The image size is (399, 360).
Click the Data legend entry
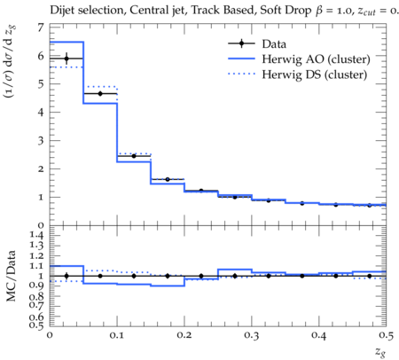pyautogui.click(x=257, y=43)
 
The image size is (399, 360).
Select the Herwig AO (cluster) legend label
pyautogui.click(x=316, y=59)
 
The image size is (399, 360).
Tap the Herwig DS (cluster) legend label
pyautogui.click(x=315, y=74)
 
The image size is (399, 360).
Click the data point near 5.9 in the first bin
pyautogui.click(x=66, y=59)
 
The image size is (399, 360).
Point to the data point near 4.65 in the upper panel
pyautogui.click(x=100, y=94)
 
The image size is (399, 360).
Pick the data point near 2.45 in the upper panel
pyautogui.click(x=134, y=156)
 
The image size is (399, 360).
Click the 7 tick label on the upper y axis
pyautogui.click(x=41, y=27)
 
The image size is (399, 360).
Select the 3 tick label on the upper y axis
pyautogui.click(x=41, y=140)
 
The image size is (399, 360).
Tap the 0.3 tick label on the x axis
pyautogui.click(x=252, y=335)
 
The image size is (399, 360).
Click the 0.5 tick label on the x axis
pyautogui.click(x=386, y=335)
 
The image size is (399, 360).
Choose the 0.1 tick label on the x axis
pyautogui.click(x=117, y=335)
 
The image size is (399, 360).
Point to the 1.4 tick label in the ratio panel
pyautogui.click(x=36, y=236)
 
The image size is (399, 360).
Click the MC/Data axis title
pyautogui.click(x=11, y=276)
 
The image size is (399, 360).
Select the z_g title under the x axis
pyautogui.click(x=380, y=352)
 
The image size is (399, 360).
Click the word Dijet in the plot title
pyautogui.click(x=62, y=10)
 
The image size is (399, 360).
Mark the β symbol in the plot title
pyautogui.click(x=319, y=11)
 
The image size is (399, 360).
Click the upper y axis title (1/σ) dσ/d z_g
pyautogui.click(x=10, y=62)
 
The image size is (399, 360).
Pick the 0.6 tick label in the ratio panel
pyautogui.click(x=36, y=317)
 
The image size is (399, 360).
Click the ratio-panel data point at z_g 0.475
pyautogui.click(x=370, y=276)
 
